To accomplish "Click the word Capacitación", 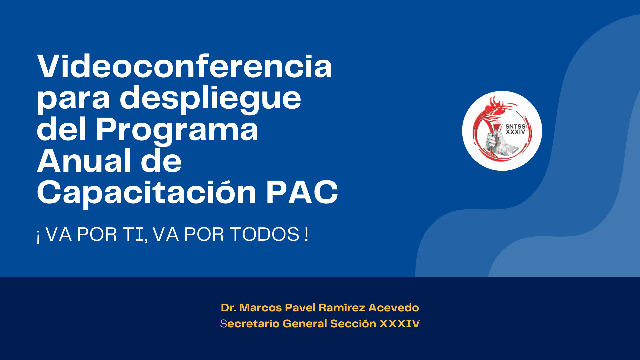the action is pyautogui.click(x=147, y=193).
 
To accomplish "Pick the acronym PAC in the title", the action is pyautogui.click(x=302, y=192).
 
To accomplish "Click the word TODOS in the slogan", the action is pyautogui.click(x=265, y=234).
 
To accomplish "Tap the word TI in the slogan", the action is pyautogui.click(x=135, y=234).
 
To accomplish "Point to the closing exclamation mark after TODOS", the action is pyautogui.click(x=306, y=234).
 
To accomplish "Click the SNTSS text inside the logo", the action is pyautogui.click(x=515, y=127).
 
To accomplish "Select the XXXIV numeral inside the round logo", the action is pyautogui.click(x=515, y=132).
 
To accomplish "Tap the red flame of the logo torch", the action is pyautogui.click(x=494, y=106).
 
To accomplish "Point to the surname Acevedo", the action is pyautogui.click(x=394, y=307).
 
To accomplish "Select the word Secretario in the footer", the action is pyautogui.click(x=250, y=323).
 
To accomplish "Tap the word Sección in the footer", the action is pyautogui.click(x=353, y=323).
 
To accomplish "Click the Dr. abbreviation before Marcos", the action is pyautogui.click(x=228, y=307).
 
